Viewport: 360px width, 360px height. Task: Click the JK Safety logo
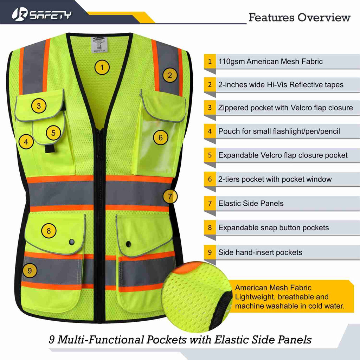pos(41,14)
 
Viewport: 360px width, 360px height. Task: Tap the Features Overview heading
pos(300,17)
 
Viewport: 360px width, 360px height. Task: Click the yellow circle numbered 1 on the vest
pos(102,67)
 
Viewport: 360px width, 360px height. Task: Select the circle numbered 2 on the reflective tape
pos(170,75)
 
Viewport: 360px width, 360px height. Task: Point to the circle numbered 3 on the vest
pos(39,105)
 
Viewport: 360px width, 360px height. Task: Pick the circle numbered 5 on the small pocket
pos(53,133)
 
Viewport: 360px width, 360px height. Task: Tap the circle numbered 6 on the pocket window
pos(161,137)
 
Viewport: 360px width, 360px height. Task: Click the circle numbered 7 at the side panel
pos(170,196)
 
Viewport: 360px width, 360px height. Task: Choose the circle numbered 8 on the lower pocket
pos(49,231)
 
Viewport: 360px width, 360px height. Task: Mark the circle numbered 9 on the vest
pos(30,270)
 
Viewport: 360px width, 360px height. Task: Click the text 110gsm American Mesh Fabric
pos(270,62)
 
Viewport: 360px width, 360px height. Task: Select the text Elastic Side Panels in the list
pos(251,203)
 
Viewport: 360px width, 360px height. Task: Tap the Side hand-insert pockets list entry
pos(260,252)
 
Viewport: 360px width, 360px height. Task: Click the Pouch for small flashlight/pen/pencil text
pos(279,131)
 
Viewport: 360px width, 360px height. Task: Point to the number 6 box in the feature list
pos(210,179)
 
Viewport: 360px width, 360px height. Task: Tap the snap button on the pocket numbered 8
pos(72,242)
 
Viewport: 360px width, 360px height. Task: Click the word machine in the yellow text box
pos(250,306)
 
